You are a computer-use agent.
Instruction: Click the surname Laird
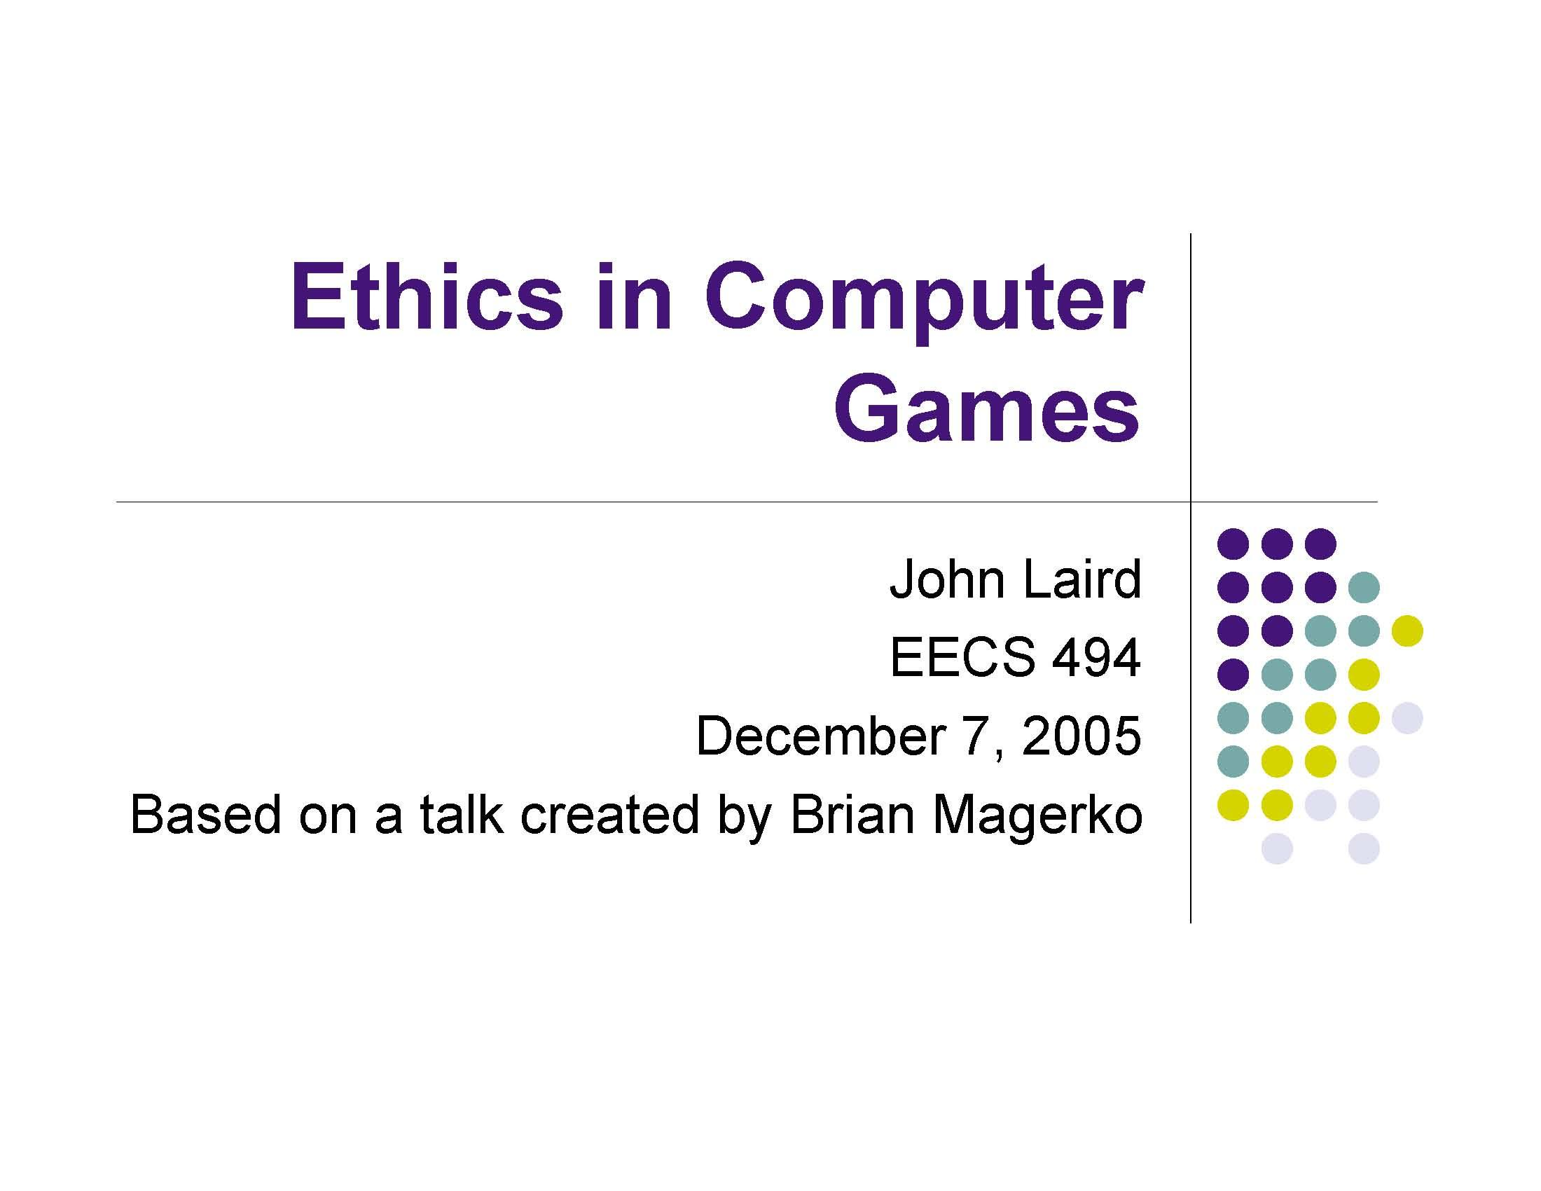coord(1082,579)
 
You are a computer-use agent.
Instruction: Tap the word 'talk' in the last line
coord(462,814)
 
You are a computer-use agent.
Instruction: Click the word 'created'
coord(609,814)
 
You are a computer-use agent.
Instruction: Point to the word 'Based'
coord(206,814)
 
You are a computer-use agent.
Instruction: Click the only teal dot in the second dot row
coord(1363,587)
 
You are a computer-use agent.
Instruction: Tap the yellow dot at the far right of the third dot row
coord(1407,631)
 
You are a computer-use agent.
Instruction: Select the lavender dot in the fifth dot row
coord(1407,718)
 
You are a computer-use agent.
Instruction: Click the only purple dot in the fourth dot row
coord(1233,675)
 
